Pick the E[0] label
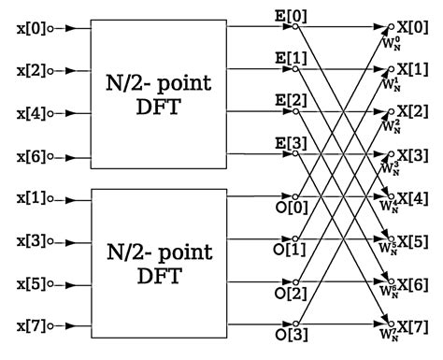coord(284,17)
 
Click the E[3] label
coord(284,143)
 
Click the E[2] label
coord(284,101)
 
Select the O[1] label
coord(284,251)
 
